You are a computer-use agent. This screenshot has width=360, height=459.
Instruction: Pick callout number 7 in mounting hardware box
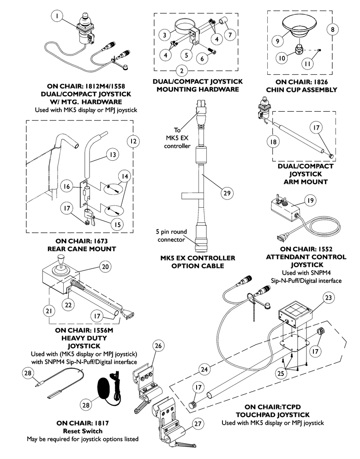[x=229, y=35]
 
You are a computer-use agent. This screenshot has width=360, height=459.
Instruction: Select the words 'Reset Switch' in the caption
[x=85, y=430]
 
